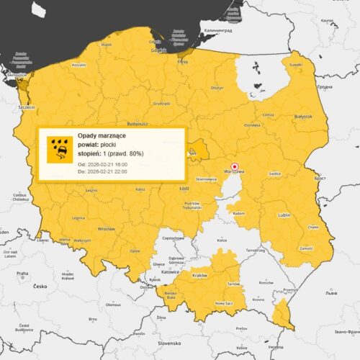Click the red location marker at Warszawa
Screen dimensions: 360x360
(234, 165)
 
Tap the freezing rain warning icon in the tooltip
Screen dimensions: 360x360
(60, 148)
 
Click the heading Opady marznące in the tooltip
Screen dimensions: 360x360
(102, 135)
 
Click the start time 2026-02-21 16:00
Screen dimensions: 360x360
(112, 166)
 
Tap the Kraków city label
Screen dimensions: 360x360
(201, 276)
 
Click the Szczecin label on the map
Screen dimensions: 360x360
(27, 107)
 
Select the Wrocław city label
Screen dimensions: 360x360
(107, 228)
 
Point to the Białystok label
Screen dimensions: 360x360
(303, 115)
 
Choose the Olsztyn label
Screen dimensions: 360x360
(216, 87)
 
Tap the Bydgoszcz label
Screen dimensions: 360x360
(136, 113)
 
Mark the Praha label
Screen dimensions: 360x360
(22, 273)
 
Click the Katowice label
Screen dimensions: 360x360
(171, 273)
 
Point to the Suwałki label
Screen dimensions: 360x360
(296, 65)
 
